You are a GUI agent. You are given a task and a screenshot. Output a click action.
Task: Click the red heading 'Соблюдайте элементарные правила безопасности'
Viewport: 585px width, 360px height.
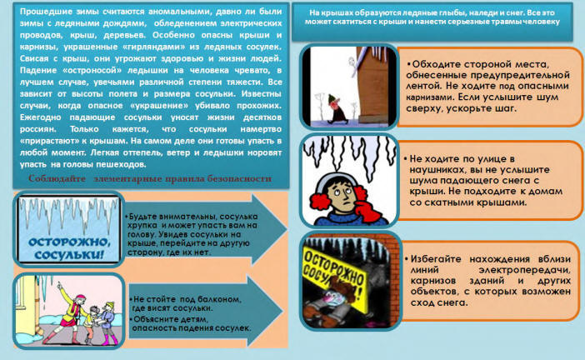[x=149, y=179]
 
